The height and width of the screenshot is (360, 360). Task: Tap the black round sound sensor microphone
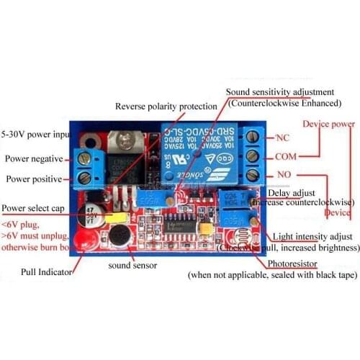tap(118, 235)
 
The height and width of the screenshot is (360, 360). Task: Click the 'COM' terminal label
tap(286, 155)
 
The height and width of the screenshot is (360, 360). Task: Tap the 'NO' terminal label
tap(284, 174)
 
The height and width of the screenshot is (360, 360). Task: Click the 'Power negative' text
tap(34, 158)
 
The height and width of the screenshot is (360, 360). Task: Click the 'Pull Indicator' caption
tap(48, 272)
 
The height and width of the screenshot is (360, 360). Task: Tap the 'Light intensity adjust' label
tap(312, 236)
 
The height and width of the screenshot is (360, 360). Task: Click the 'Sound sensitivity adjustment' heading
tap(279, 92)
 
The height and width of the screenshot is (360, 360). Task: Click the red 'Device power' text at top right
tap(328, 124)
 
